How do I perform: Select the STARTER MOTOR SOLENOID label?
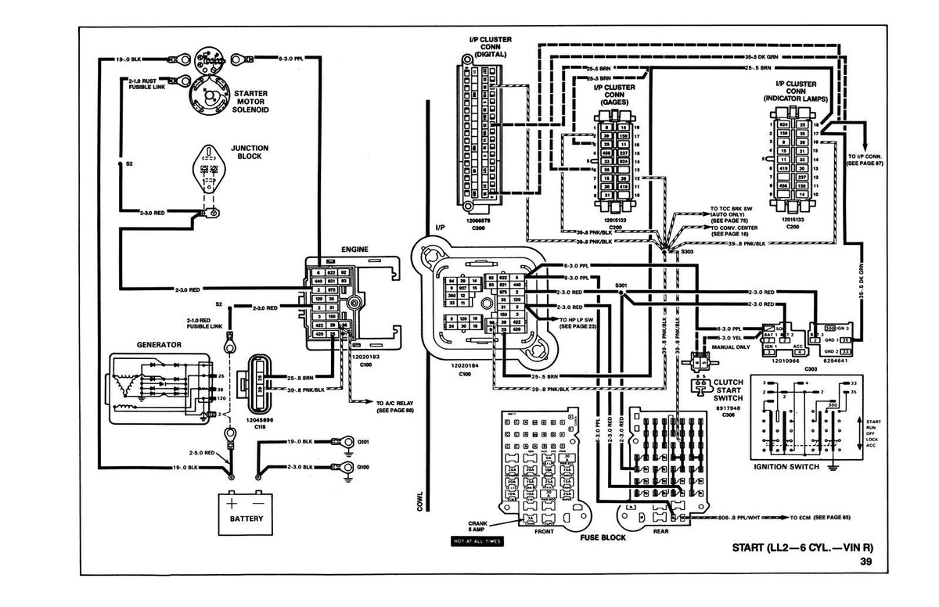click(251, 101)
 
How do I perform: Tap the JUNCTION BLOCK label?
click(250, 152)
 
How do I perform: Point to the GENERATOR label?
click(159, 344)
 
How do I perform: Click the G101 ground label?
click(363, 441)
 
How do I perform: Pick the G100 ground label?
click(363, 466)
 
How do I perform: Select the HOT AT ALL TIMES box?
click(477, 541)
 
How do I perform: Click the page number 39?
click(865, 561)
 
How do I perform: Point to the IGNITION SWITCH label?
click(786, 467)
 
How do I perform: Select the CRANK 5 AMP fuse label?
click(479, 525)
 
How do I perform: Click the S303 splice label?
click(687, 252)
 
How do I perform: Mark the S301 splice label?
click(622, 286)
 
